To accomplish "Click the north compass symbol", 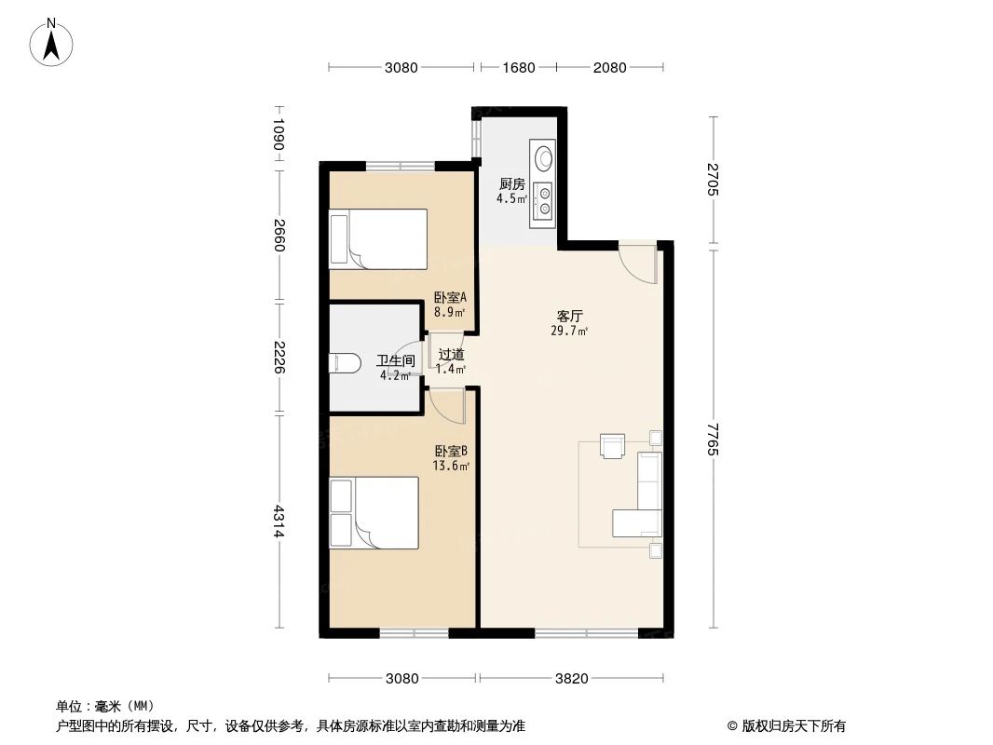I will pyautogui.click(x=54, y=42).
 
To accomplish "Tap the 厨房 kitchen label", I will pyautogui.click(x=511, y=184).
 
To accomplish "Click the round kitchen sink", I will pyautogui.click(x=543, y=156).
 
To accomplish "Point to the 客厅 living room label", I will pyautogui.click(x=570, y=317).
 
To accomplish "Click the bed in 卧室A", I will pyautogui.click(x=377, y=238).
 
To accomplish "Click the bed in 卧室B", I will pyautogui.click(x=374, y=513).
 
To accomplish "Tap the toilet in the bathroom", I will pyautogui.click(x=345, y=361).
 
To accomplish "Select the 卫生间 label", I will pyautogui.click(x=395, y=361).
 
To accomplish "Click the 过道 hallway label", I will pyautogui.click(x=451, y=355).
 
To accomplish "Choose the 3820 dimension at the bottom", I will pyautogui.click(x=571, y=678).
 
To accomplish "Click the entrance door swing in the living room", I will pyautogui.click(x=639, y=261).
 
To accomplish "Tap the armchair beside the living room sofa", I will pyautogui.click(x=613, y=446).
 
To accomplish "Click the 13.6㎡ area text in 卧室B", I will pyautogui.click(x=450, y=466).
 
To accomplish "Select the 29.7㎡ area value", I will pyautogui.click(x=569, y=331).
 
